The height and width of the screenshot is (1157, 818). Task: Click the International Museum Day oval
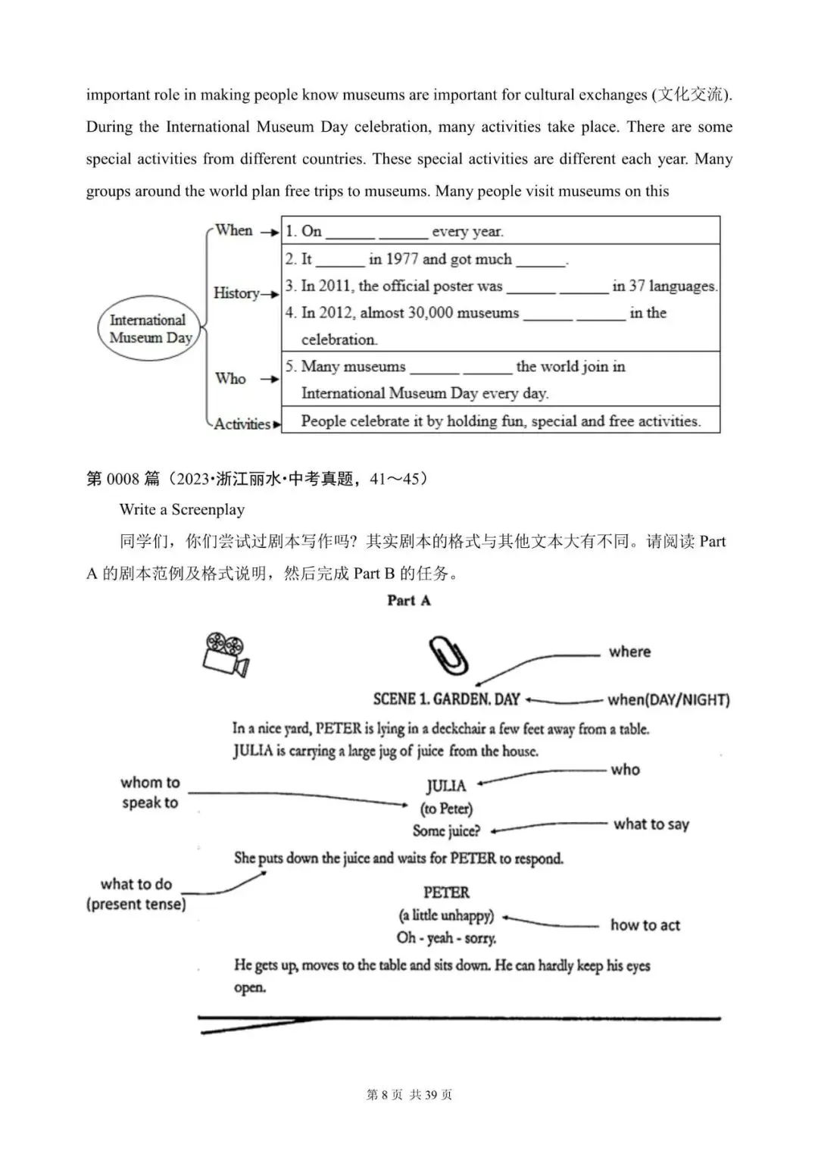coord(148,329)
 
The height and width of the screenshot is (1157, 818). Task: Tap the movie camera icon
coord(226,654)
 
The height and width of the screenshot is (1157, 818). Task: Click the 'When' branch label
coord(233,230)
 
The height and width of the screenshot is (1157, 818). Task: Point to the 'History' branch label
coord(236,293)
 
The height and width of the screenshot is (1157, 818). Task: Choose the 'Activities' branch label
coord(242,424)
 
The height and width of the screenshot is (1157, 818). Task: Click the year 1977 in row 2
coord(401,259)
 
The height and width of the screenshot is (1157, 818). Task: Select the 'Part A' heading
coord(408,601)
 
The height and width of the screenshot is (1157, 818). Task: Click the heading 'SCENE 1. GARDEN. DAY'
coord(446,699)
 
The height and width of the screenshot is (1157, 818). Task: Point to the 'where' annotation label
coord(629,652)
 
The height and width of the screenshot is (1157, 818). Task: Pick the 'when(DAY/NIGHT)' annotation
coord(668,700)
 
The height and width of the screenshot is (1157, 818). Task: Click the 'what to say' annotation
coord(651,824)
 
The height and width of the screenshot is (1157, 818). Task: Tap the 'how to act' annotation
coord(645,925)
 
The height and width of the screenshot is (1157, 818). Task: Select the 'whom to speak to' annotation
coord(150,793)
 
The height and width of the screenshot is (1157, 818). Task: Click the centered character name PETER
coord(446,893)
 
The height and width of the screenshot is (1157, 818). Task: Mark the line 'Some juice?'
coord(446,831)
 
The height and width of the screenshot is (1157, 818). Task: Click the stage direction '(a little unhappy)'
coord(446,915)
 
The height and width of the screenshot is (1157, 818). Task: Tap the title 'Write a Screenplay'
coord(182,510)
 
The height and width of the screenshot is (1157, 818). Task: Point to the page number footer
coord(409,1095)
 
